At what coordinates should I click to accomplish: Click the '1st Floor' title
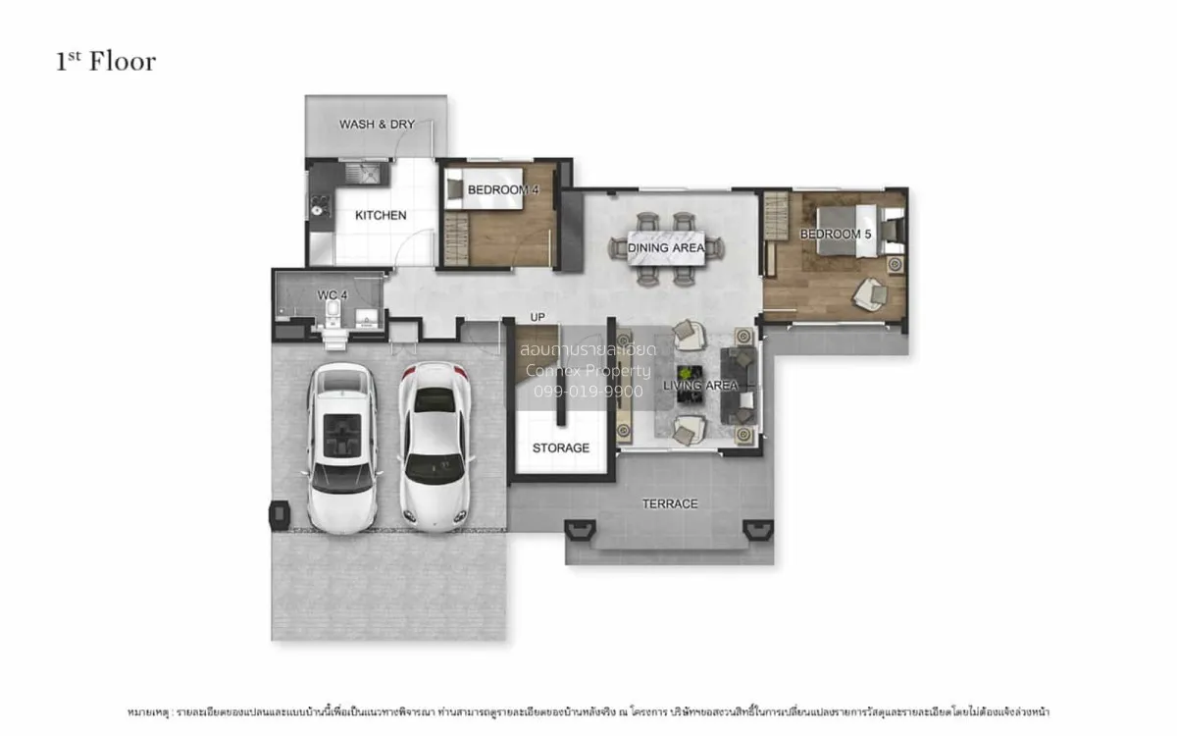105,61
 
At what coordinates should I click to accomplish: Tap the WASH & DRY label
377,125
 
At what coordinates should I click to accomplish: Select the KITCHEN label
381,215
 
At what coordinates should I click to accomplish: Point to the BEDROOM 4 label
503,189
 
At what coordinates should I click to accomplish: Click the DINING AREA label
666,248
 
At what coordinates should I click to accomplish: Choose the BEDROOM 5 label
835,234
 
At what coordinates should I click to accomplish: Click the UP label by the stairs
537,318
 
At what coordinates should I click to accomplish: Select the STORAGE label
561,447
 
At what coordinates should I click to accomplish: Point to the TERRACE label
670,503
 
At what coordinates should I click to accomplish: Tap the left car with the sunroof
341,446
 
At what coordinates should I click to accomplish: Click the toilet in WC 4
332,314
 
